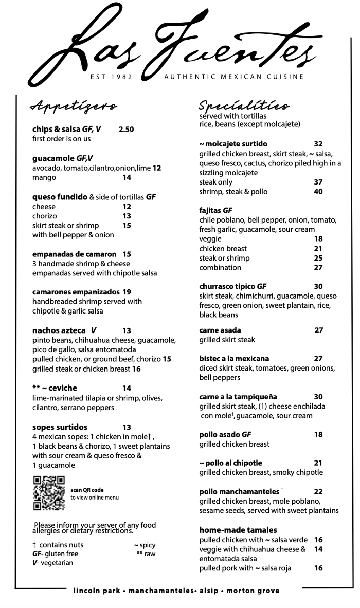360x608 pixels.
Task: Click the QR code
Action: (49, 493)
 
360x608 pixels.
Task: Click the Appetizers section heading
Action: (74, 106)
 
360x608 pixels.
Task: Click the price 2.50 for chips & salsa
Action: (126, 130)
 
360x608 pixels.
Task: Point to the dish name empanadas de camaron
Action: (75, 254)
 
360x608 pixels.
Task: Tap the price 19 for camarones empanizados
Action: (127, 292)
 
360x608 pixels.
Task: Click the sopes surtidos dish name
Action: (60, 427)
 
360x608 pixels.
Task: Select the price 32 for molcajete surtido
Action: (318, 144)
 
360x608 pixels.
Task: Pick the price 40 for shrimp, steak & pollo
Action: (318, 192)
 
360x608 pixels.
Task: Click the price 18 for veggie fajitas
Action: (318, 239)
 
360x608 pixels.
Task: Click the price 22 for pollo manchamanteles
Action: (318, 492)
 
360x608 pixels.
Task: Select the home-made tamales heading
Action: (238, 530)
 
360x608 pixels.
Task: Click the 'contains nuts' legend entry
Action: (58, 545)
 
